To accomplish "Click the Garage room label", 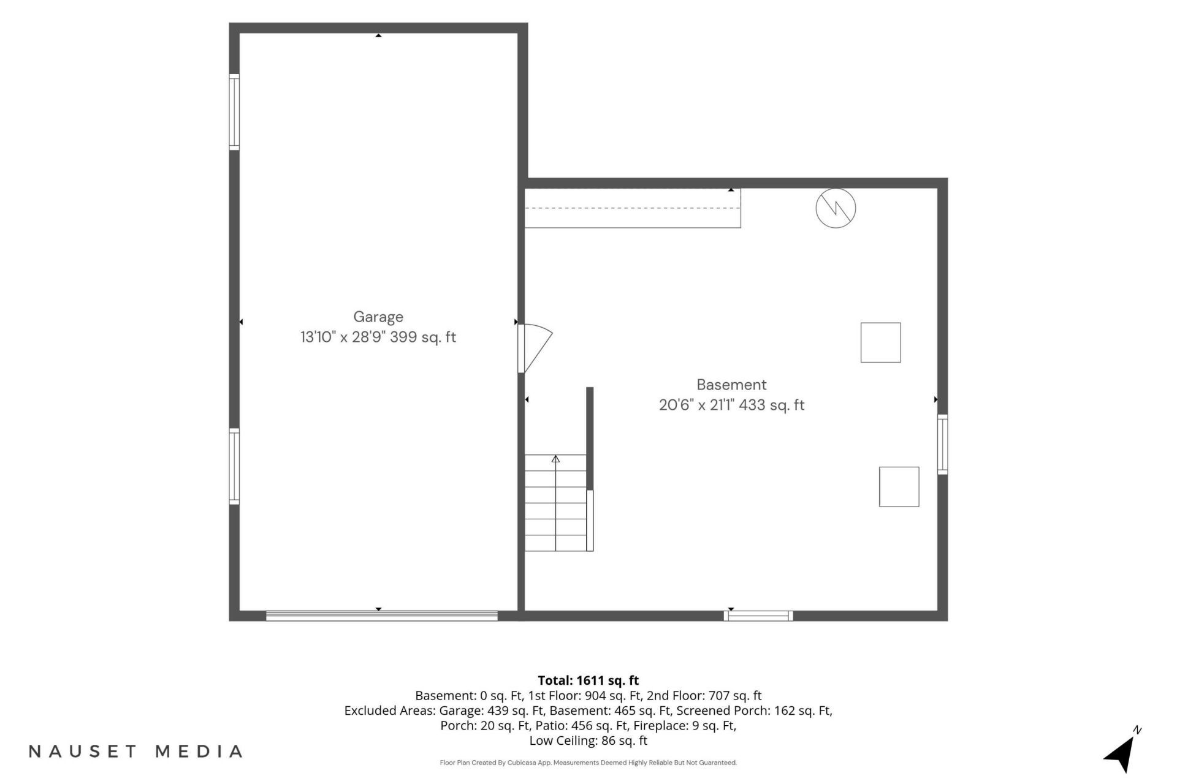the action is pos(378,317).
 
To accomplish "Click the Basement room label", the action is pos(731,385).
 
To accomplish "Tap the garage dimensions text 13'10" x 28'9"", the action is pos(343,337).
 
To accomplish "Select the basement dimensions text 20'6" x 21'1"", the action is pos(697,405).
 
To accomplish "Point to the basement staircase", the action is pos(556,503).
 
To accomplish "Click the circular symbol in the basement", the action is pos(836,209).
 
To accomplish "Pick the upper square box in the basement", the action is pos(880,342).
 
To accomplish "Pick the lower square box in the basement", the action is pos(899,487).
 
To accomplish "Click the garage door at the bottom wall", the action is pos(382,616).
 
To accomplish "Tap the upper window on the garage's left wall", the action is pos(234,112).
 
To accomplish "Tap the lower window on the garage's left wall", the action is pos(234,466).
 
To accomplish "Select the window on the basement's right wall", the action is pos(943,444).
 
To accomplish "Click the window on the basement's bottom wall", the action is pos(758,616).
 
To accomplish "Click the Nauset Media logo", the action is pos(135,752).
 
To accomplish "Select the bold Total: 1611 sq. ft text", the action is pos(588,680).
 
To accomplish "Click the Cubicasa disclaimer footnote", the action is pos(588,763).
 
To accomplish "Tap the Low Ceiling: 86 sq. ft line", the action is pos(588,741).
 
